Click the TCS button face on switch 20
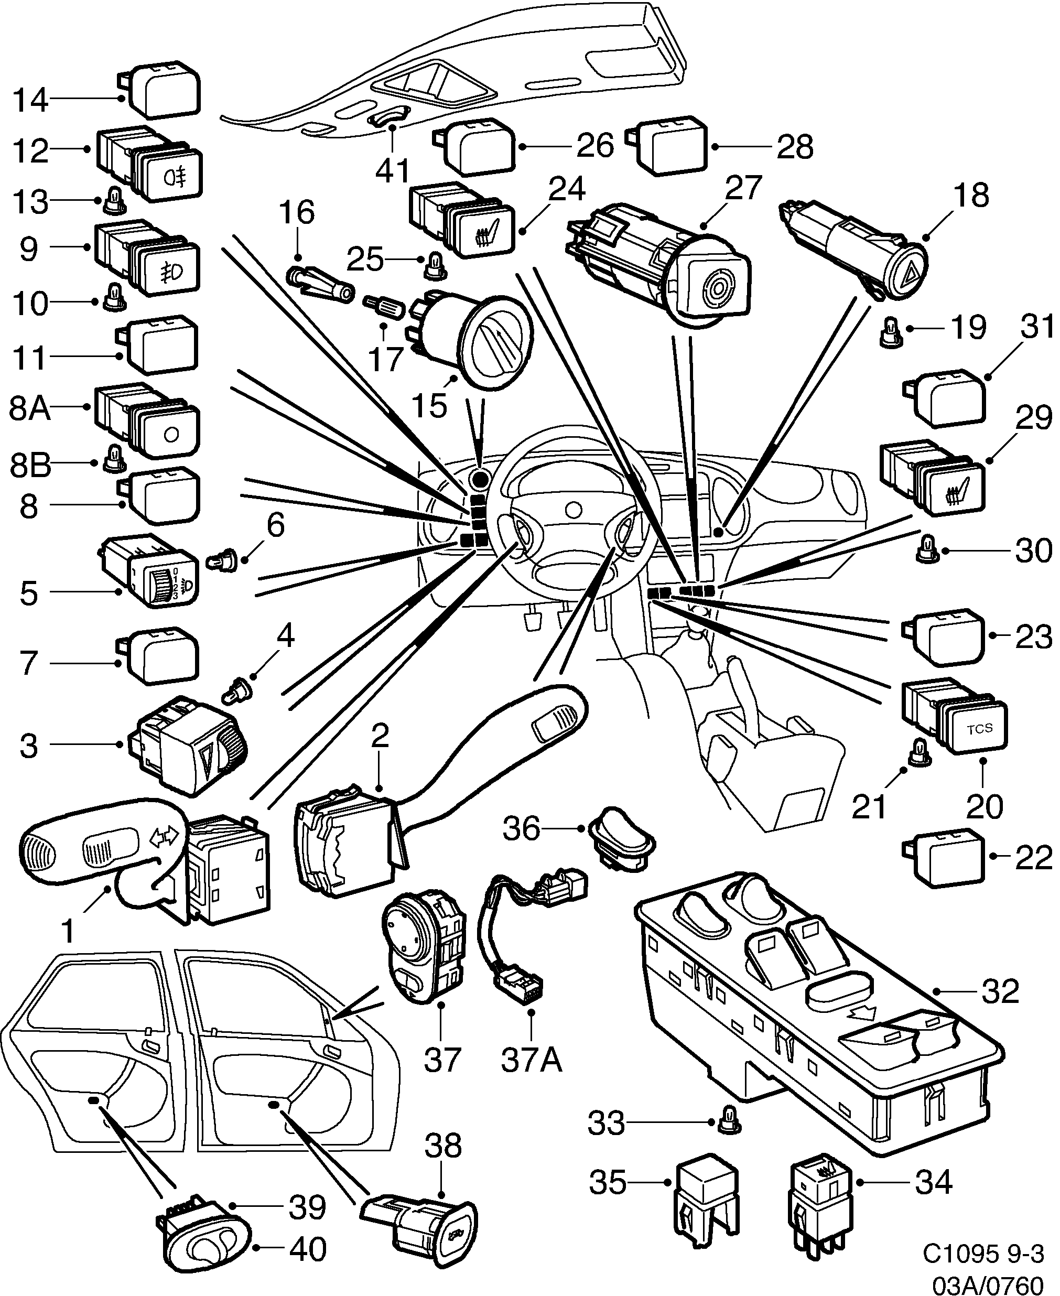coord(979,728)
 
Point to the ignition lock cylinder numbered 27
coord(659,266)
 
